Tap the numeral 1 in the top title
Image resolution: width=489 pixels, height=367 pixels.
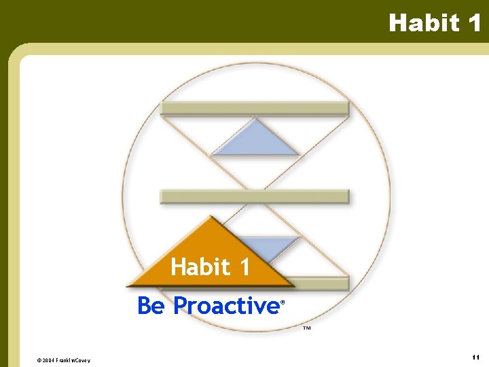(473, 23)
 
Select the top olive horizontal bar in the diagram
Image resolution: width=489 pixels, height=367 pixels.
(254, 108)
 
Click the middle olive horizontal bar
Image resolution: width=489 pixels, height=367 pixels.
(254, 197)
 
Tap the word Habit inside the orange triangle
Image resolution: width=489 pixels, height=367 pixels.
(200, 267)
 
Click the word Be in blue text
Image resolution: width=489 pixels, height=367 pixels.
(151, 306)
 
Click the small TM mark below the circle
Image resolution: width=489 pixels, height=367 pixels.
(306, 328)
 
